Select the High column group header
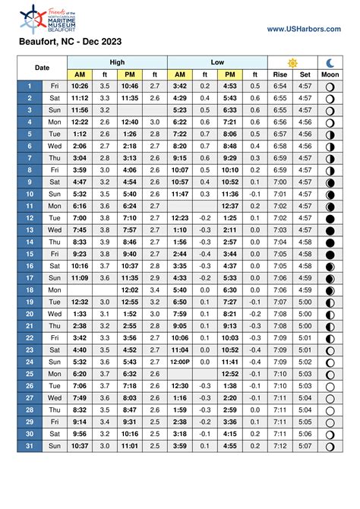coord(118,62)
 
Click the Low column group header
coord(216,62)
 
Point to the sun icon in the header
coord(292,62)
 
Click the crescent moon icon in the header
coord(330,62)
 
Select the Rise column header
coord(279,74)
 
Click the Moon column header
coord(330,74)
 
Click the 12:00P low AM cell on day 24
coord(180,362)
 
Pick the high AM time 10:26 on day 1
coord(80,86)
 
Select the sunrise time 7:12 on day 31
coord(279,446)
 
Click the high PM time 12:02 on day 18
coord(129,289)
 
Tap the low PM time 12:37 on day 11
coord(229,206)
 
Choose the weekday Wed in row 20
coord(55,314)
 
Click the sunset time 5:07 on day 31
coord(305,446)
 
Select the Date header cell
coord(43,68)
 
